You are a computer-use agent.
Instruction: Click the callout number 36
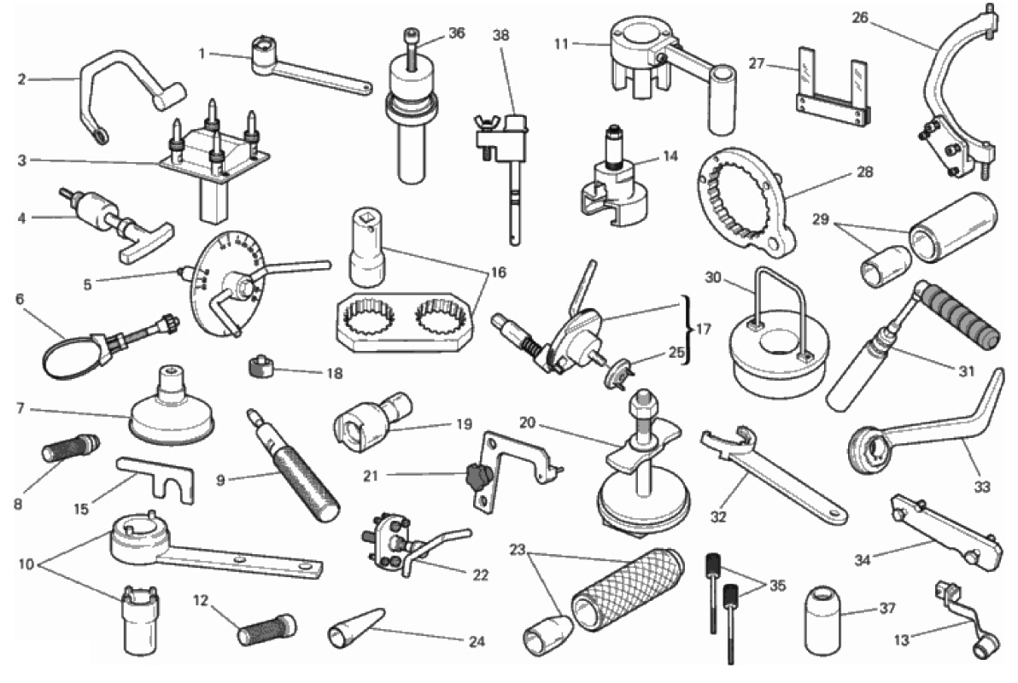[x=457, y=32]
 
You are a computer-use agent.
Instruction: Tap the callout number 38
[x=501, y=35]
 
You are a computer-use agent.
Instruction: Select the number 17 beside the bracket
[x=703, y=330]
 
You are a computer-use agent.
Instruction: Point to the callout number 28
[x=865, y=172]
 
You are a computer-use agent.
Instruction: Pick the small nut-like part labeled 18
[x=260, y=367]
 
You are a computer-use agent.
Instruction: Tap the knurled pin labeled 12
[x=266, y=629]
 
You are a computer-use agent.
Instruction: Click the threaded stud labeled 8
[x=70, y=448]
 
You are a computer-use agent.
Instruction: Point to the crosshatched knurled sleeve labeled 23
[x=627, y=593]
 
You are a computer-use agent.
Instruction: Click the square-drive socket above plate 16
[x=367, y=247]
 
